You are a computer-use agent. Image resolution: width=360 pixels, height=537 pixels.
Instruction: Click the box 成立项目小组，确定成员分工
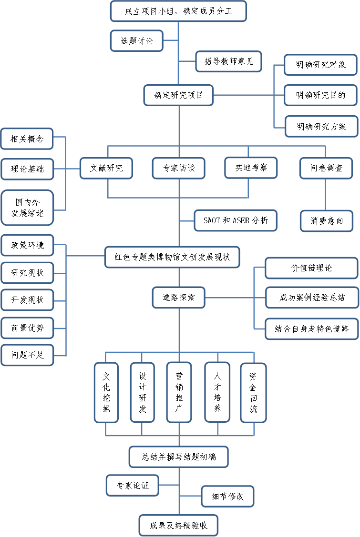(x=178, y=11)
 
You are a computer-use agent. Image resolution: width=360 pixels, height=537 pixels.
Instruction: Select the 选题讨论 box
(x=137, y=40)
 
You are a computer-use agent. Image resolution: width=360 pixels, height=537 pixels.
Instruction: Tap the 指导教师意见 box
(x=229, y=61)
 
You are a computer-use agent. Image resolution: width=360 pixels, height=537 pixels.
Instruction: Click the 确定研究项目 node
(x=178, y=95)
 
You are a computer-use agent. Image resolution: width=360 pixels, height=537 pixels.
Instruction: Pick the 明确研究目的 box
(x=320, y=95)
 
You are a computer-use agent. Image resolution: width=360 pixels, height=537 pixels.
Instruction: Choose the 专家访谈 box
(x=178, y=168)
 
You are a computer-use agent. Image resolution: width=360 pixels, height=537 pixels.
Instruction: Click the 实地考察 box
(x=251, y=168)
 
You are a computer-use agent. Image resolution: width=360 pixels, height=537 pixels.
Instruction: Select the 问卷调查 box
(x=327, y=168)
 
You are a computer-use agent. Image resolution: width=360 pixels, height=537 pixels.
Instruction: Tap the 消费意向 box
(x=327, y=221)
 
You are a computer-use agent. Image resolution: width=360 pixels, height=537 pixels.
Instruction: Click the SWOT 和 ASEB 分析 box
(x=236, y=221)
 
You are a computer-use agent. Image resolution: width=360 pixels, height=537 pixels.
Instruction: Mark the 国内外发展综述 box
(x=28, y=207)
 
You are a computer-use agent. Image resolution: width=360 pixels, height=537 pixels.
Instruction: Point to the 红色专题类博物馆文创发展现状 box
(x=172, y=258)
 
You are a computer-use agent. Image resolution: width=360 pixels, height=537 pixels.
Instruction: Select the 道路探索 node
(x=178, y=298)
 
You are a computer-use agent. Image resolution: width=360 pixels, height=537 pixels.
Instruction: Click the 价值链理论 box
(x=311, y=268)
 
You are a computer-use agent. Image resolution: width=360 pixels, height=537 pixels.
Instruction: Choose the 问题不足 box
(x=28, y=355)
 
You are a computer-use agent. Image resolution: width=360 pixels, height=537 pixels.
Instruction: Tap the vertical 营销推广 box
(x=179, y=392)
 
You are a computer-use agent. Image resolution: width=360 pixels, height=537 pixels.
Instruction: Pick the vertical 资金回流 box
(x=253, y=392)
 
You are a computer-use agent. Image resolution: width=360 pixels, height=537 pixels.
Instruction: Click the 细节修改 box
(x=227, y=497)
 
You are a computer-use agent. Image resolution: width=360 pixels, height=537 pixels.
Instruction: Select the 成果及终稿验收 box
(x=179, y=526)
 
